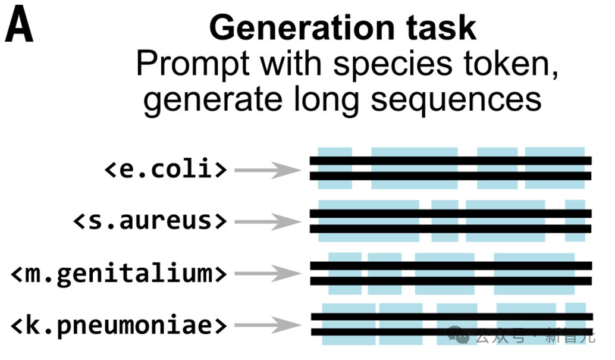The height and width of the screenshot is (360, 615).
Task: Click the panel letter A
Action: coord(19,24)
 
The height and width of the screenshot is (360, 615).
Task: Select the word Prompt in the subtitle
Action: coord(193,64)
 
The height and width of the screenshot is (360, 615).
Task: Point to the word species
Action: coord(393,64)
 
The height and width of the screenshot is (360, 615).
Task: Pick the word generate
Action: coord(212,100)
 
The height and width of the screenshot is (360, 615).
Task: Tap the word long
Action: coord(327,99)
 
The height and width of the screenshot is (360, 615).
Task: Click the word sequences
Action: coord(456,100)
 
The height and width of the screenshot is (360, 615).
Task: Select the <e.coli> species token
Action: coord(165,169)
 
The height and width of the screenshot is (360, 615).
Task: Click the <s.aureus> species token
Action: coord(150,221)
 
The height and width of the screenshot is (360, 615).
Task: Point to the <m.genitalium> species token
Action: coord(119,273)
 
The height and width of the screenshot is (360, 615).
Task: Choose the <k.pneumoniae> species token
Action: coord(119,325)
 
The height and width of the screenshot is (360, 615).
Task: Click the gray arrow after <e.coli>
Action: coord(268,170)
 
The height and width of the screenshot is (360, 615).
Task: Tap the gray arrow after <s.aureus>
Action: coord(268,222)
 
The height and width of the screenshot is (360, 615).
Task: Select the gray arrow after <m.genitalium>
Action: coord(268,274)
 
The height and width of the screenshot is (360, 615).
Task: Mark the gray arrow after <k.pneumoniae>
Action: coord(268,325)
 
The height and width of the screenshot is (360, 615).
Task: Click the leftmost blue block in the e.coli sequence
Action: coord(335,168)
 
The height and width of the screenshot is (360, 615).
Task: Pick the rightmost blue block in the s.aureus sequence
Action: coord(575,221)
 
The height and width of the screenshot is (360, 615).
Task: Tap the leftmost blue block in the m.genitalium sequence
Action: coord(345,274)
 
